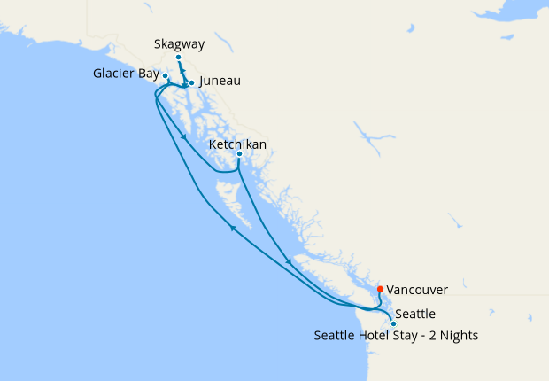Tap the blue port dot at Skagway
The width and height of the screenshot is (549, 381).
178,58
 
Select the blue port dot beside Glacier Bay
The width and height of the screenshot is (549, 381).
166,76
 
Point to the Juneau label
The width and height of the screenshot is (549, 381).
220,81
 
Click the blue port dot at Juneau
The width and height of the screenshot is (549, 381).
191,83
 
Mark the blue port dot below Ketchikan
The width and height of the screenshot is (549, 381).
239,155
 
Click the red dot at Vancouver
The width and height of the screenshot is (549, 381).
380,289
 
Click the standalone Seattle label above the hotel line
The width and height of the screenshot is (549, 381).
414,314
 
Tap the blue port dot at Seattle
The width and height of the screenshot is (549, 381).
393,324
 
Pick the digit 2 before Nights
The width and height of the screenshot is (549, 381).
432,336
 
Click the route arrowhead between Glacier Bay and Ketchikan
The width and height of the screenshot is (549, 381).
182,136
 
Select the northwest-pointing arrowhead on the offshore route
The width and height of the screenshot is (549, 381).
233,228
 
